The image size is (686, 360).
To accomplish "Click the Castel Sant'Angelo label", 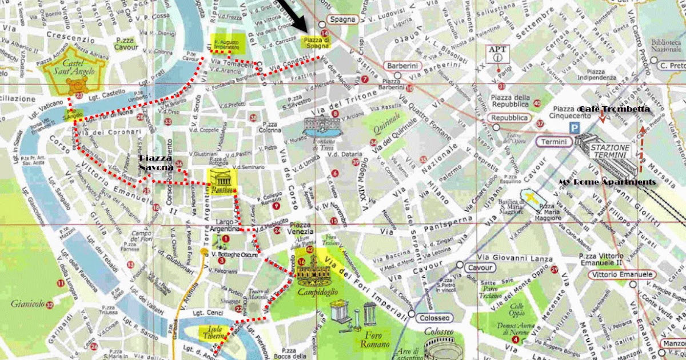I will point(65,68).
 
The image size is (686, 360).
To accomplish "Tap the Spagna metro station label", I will point(342,19).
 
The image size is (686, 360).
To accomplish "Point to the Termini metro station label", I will point(554,142).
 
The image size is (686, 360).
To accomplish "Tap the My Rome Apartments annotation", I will point(607,182).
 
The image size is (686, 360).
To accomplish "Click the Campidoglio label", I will point(317,292).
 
